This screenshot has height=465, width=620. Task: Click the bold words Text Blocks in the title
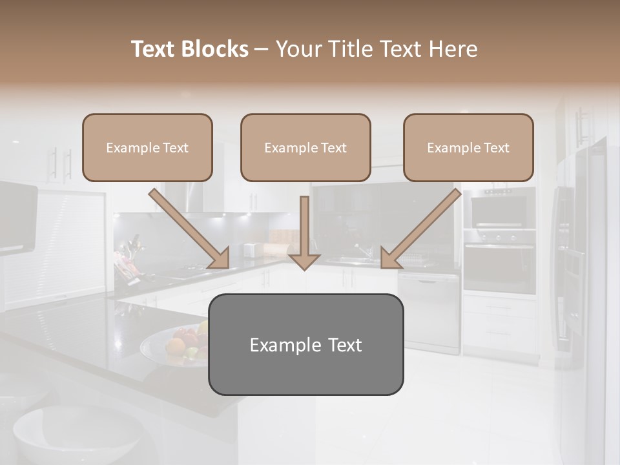(x=189, y=49)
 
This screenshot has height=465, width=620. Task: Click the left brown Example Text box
(x=147, y=147)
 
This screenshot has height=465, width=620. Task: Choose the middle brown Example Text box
(x=305, y=147)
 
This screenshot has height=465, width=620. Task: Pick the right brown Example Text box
(x=468, y=147)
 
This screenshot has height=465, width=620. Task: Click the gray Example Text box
(x=305, y=344)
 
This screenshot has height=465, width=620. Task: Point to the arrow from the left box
(x=189, y=229)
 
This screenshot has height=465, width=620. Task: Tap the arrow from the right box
(x=420, y=229)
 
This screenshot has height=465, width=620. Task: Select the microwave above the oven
(x=499, y=211)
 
